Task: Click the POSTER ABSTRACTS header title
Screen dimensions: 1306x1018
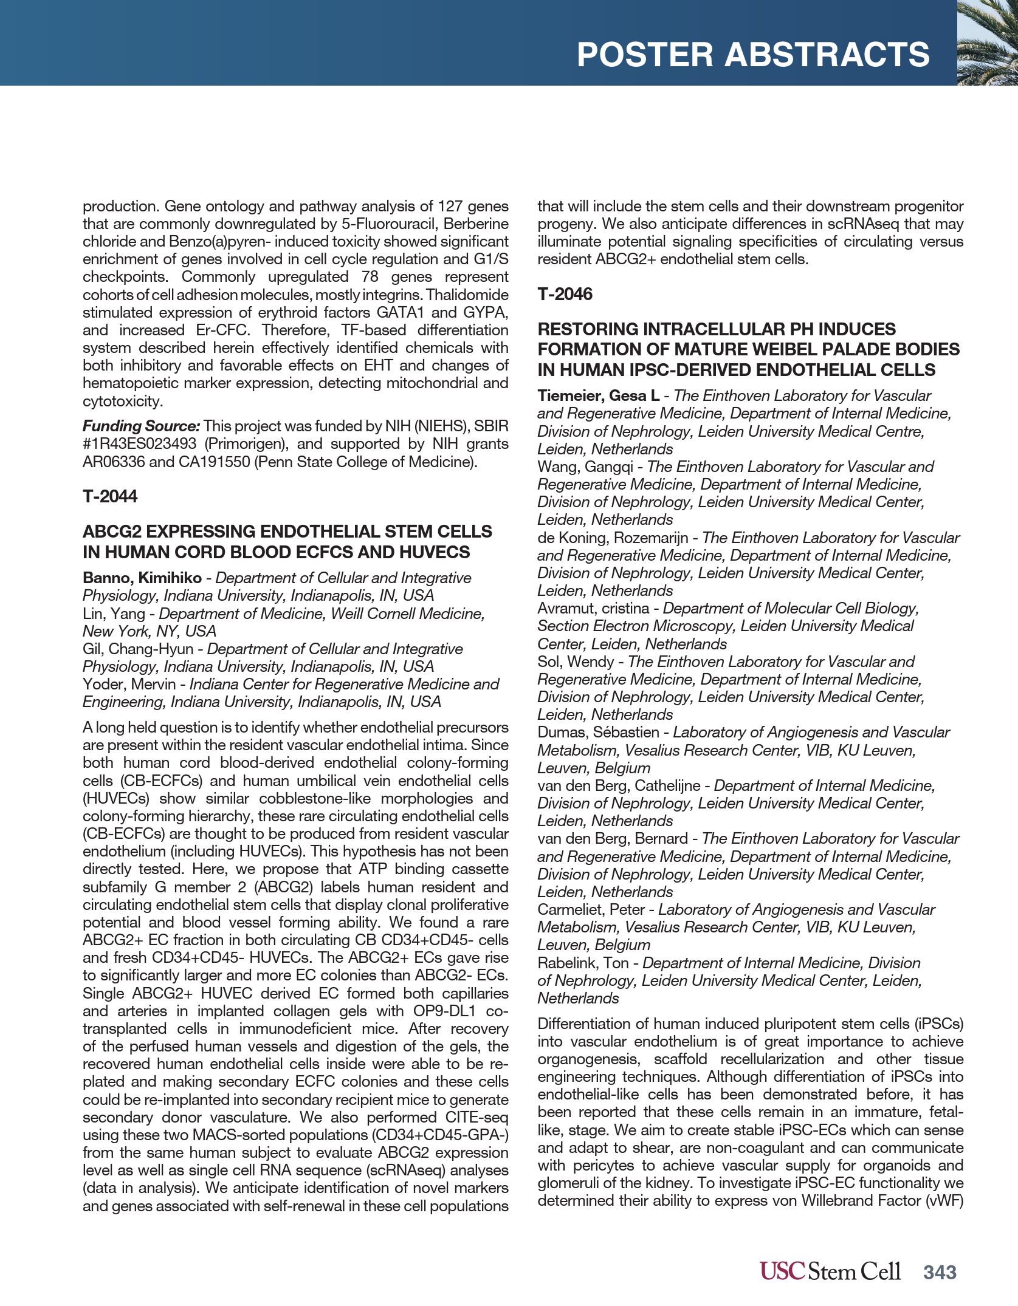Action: [753, 55]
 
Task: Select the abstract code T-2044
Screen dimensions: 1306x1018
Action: [110, 496]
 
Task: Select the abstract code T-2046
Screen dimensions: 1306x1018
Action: [565, 294]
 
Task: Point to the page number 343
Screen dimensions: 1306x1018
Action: [940, 1272]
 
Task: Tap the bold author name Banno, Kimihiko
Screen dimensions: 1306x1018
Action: [142, 578]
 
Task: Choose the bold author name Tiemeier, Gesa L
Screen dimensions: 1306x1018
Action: [598, 396]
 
